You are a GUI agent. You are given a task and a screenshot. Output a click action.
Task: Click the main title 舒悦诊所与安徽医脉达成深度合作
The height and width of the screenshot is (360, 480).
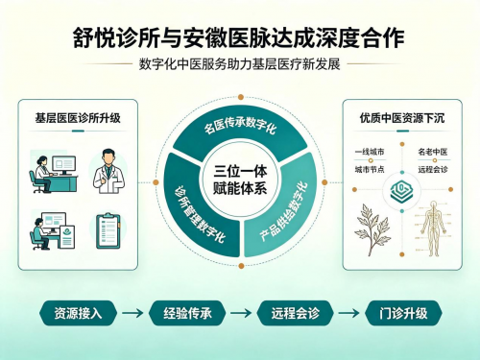point(239,37)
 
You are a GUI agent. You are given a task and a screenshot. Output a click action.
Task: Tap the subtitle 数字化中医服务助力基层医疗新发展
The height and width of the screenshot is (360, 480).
point(239,64)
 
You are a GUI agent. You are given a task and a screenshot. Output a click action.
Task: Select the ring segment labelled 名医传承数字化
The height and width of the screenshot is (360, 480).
point(240,129)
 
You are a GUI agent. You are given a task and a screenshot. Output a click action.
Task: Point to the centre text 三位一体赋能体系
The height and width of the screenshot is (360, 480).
point(240,180)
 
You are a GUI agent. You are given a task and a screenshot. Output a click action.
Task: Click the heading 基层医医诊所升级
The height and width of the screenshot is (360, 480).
point(78,118)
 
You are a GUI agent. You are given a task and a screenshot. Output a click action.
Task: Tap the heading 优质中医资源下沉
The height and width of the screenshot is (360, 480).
point(402,118)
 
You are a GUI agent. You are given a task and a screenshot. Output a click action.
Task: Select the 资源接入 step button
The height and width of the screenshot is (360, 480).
point(78,313)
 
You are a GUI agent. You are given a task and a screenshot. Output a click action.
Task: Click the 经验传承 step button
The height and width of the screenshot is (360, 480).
point(187,313)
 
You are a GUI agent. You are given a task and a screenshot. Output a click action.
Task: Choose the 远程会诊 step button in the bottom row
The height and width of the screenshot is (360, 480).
point(296,313)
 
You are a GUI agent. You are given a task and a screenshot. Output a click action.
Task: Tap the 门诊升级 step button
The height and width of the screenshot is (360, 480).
point(403,313)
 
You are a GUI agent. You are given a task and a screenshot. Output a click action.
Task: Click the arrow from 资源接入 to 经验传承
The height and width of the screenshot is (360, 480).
point(132,313)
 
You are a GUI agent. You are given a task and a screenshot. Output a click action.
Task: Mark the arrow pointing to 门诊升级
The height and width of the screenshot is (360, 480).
point(348,313)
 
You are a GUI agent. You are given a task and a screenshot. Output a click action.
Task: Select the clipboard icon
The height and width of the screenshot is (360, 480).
point(108,230)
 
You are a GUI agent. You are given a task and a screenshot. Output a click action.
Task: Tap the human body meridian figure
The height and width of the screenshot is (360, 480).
point(433,228)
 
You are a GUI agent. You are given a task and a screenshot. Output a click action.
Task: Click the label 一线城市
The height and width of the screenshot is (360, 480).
point(370,152)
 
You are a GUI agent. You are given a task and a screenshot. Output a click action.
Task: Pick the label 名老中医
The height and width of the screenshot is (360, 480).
point(433,152)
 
